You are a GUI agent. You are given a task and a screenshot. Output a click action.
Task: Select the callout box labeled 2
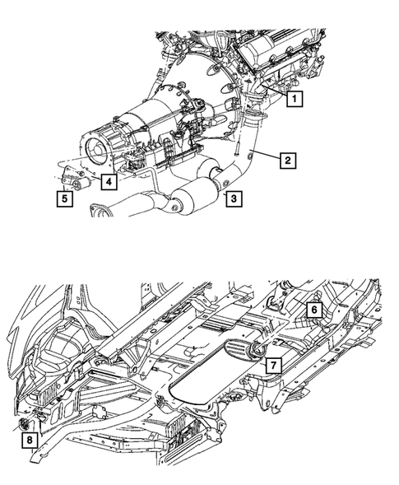pos(286,160)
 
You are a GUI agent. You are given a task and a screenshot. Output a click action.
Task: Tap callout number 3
pos(234,198)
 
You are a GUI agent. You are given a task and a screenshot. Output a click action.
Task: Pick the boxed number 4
pos(109,181)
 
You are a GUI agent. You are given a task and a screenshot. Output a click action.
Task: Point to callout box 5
pos(63,198)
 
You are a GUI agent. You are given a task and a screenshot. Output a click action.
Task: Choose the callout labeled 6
pos(314,310)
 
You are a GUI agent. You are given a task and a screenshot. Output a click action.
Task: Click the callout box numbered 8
pos(30,441)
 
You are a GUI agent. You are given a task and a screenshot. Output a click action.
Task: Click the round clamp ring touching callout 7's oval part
pos(257,355)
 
